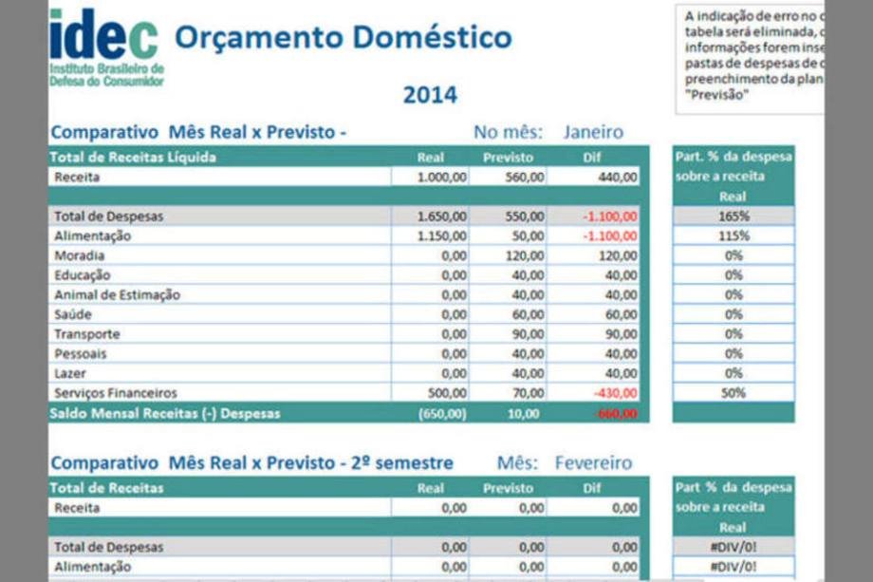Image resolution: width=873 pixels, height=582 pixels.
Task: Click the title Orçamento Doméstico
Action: [344, 38]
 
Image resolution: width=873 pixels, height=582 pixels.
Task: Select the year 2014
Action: [430, 95]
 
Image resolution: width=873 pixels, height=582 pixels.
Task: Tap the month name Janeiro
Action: [593, 132]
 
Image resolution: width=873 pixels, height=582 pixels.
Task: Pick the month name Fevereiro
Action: [593, 463]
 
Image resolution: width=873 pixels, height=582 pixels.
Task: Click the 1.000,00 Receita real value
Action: [442, 177]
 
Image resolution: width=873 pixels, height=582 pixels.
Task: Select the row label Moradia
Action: [80, 255]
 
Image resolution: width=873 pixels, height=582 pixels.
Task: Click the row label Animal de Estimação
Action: [117, 295]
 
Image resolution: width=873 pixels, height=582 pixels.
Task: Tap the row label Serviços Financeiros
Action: [115, 393]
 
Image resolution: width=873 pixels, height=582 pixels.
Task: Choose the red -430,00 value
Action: [615, 393]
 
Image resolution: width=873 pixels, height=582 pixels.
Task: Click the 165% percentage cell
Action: [733, 216]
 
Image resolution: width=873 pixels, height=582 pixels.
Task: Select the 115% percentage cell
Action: [733, 236]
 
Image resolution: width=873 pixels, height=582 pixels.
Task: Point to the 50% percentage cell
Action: [733, 393]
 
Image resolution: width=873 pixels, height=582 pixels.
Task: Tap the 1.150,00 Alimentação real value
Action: [442, 236]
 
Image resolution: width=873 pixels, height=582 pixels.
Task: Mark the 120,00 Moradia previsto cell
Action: [525, 255]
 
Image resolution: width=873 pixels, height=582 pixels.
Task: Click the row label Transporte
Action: [86, 334]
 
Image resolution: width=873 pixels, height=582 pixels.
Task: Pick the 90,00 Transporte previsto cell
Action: [528, 334]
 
